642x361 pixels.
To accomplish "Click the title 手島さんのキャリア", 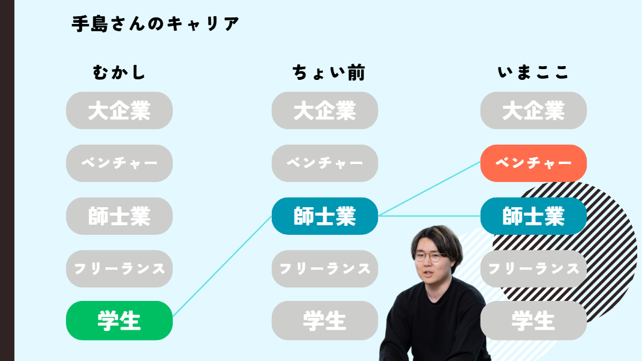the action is click(155, 24).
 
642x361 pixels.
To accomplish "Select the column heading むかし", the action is click(119, 73).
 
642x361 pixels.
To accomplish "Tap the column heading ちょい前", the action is click(329, 73).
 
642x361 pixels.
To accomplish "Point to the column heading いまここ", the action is click(533, 73).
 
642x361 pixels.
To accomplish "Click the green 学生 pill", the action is click(119, 320).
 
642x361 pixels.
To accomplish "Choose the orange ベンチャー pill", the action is click(533, 163).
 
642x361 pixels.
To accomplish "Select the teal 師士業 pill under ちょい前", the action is click(325, 216).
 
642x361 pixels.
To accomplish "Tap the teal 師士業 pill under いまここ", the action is click(533, 216).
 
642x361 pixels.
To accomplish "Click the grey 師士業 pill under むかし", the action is click(119, 216).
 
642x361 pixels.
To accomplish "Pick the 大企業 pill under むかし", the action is click(119, 111).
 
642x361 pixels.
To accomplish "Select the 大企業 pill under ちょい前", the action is click(325, 111).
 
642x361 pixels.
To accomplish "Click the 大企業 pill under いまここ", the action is click(533, 111).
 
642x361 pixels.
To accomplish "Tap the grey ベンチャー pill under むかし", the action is click(119, 163).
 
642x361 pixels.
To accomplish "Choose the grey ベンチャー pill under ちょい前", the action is click(325, 163).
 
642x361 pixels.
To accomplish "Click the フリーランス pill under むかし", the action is click(119, 269).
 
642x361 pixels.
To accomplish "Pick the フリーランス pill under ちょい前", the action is click(325, 269).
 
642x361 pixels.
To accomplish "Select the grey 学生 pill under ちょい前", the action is click(325, 320).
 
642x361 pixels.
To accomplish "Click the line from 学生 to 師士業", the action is click(223, 266).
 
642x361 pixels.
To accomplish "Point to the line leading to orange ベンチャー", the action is click(429, 189).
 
